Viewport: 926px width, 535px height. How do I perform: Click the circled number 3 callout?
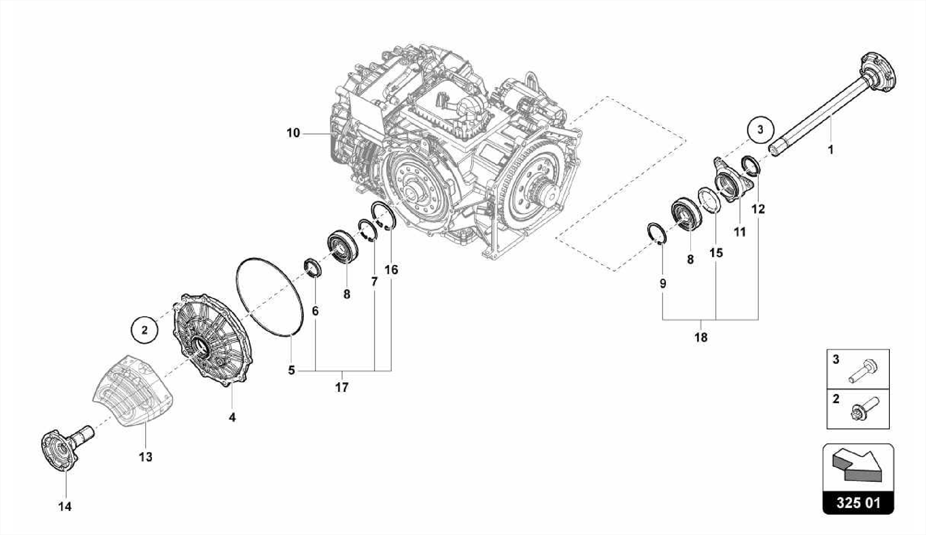[760, 130]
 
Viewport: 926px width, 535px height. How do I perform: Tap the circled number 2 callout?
[144, 330]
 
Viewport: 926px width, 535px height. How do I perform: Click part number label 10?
[293, 133]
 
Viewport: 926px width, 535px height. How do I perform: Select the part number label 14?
[65, 507]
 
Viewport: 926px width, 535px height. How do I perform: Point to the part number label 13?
[146, 457]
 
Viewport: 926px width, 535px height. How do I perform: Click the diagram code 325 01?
[858, 503]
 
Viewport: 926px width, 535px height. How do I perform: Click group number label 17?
[342, 388]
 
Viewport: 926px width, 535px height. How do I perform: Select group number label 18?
[701, 337]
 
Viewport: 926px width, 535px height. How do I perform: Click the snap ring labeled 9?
[656, 234]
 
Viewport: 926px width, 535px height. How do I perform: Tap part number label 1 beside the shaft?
[830, 150]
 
